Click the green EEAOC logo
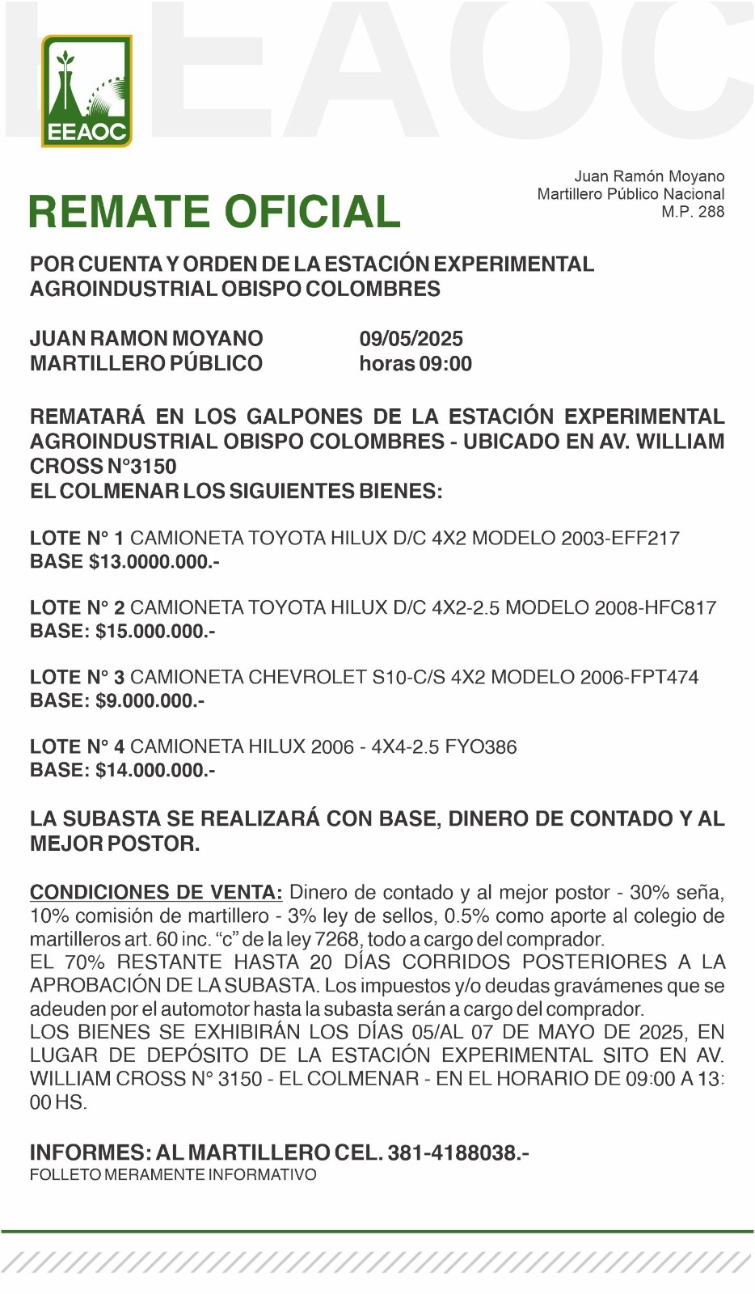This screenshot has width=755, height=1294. [x=86, y=91]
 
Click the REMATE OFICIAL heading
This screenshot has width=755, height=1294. [x=214, y=212]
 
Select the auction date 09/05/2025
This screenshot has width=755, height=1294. [x=411, y=339]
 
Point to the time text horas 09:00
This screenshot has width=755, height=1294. [x=415, y=364]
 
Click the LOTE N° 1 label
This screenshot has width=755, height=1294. [x=77, y=538]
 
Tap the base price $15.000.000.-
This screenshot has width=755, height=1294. [x=155, y=631]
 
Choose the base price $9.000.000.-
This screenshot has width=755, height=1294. [x=150, y=700]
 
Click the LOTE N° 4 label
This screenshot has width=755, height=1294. [x=77, y=746]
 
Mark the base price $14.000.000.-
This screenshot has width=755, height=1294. [x=155, y=770]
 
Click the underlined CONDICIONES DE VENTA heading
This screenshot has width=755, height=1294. [x=156, y=893]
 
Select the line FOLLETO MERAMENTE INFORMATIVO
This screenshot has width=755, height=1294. [x=173, y=1174]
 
